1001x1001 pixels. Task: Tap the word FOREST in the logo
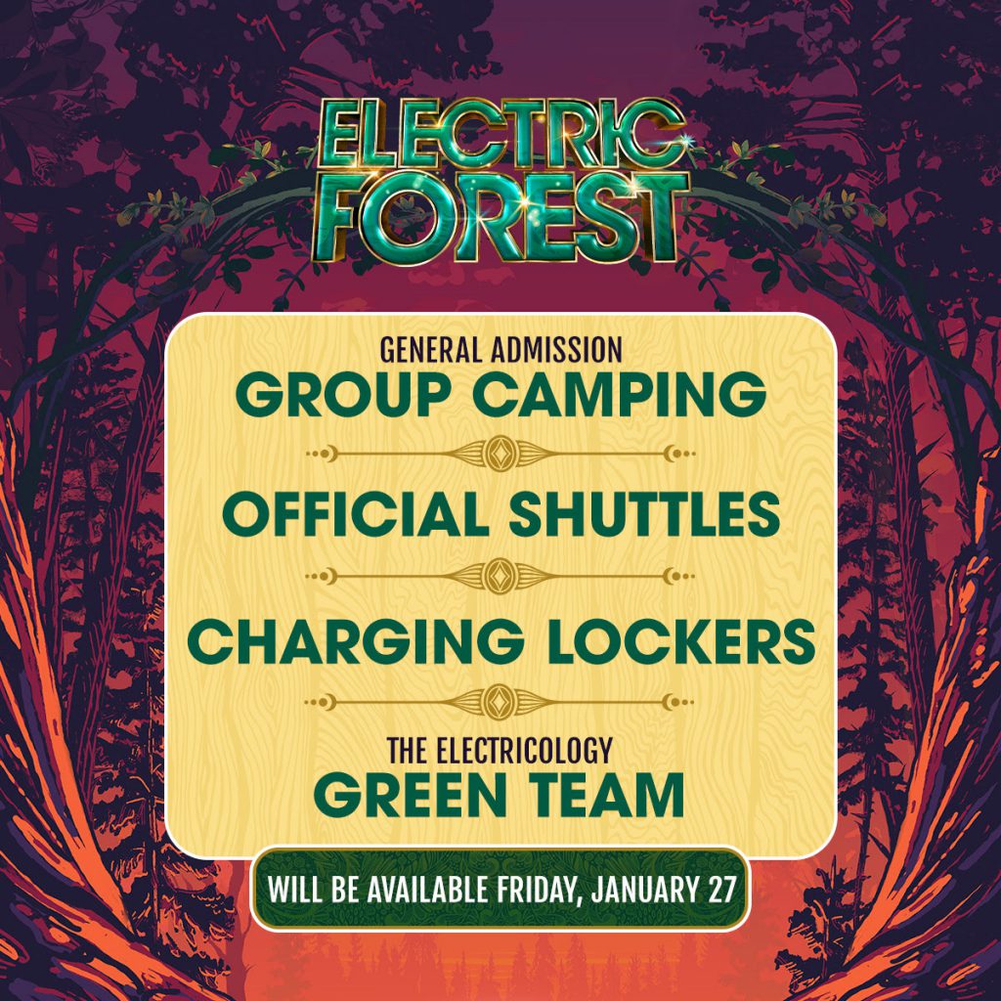tap(501, 218)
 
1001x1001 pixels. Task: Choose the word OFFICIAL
tap(356, 514)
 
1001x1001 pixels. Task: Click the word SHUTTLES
tap(645, 514)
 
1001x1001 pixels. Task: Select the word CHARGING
tap(356, 641)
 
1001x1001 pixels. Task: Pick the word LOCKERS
tap(681, 641)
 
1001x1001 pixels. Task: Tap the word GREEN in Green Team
tap(410, 796)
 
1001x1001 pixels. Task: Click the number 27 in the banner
tap(722, 890)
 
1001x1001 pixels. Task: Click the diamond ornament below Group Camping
tap(500, 454)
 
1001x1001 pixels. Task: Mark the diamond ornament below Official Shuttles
tap(500, 576)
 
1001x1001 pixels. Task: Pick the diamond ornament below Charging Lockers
tap(500, 702)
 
